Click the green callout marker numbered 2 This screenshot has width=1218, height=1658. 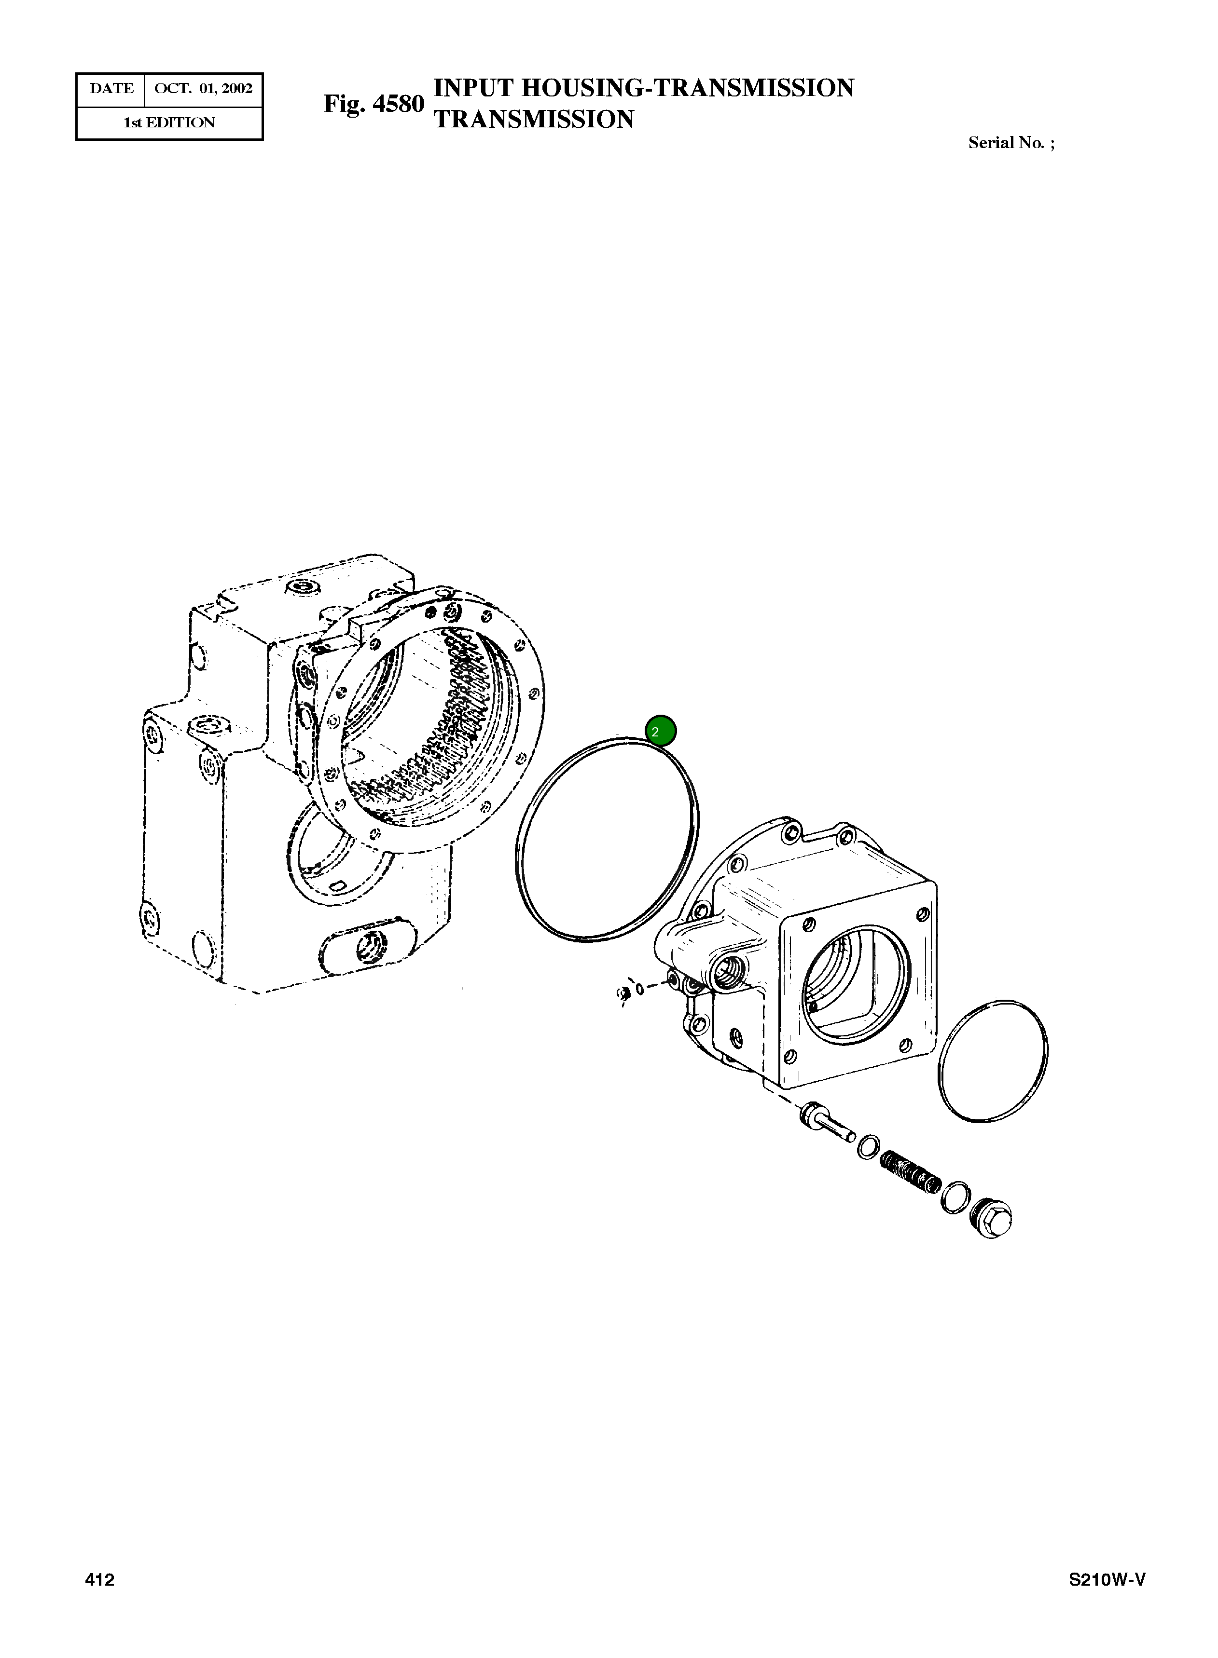click(660, 731)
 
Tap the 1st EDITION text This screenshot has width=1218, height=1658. click(169, 123)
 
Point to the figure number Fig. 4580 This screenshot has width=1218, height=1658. click(374, 104)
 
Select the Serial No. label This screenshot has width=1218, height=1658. click(1010, 143)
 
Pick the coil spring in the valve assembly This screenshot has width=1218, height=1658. click(911, 1172)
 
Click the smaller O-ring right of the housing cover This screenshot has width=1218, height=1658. click(993, 1062)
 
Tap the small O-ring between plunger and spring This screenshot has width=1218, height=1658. click(868, 1147)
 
